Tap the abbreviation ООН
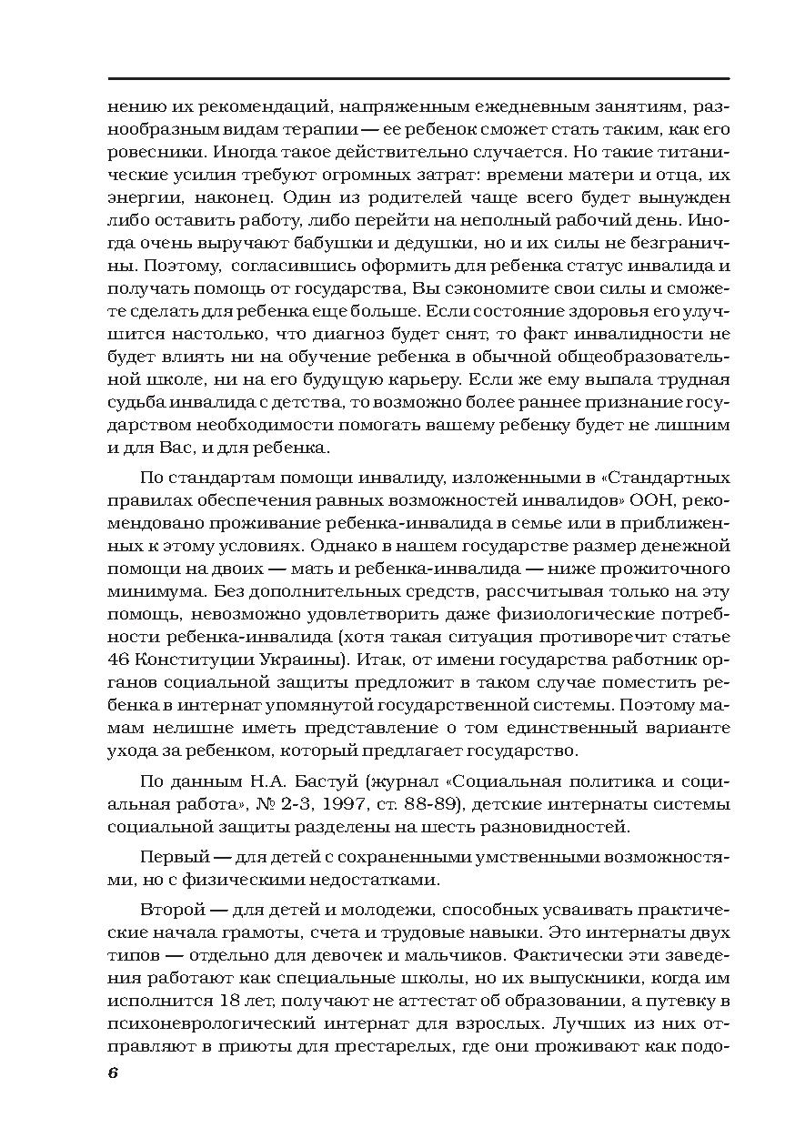click(x=654, y=500)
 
